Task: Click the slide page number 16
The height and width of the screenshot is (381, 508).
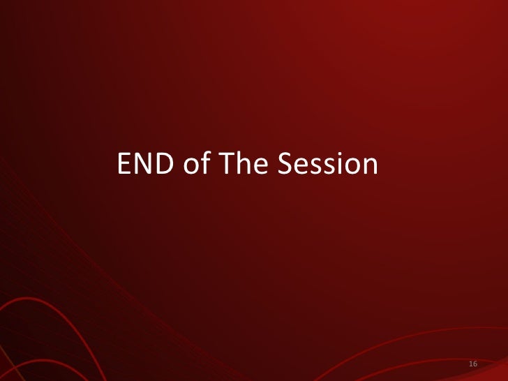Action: pos(473,365)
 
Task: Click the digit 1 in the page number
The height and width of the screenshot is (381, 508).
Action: pos(471,365)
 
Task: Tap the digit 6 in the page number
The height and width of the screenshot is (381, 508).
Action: pos(475,365)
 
